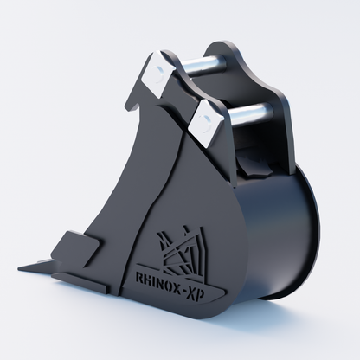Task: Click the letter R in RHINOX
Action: [138, 277]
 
